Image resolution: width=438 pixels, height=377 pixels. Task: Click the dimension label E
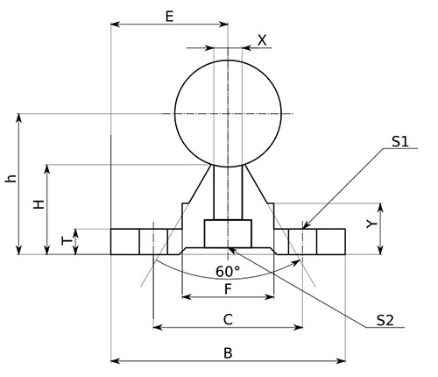pos(169,17)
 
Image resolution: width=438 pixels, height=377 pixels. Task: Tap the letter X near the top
pos(262,40)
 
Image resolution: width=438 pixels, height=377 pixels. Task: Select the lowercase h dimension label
pos(11,178)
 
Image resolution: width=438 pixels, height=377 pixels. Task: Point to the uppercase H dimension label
pos(39,204)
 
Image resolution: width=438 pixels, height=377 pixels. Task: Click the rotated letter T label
pos(67,241)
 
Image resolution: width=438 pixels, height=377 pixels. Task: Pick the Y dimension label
pos(371,224)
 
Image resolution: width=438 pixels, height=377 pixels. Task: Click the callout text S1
pos(400,142)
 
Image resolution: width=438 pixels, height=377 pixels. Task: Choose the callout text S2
pos(385,320)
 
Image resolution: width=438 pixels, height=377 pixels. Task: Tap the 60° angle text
pos(228,272)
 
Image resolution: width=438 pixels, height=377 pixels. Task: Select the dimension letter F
pos(228,289)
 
